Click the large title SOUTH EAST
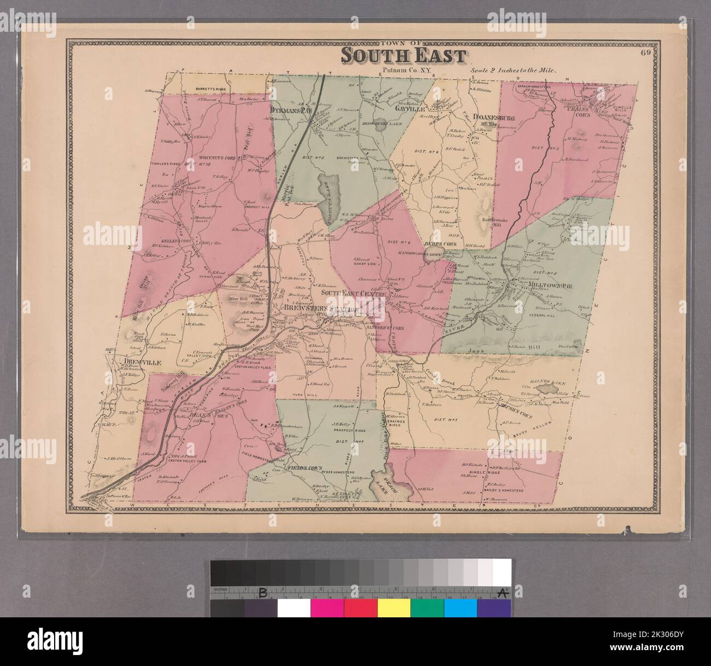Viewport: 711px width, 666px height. tap(404, 55)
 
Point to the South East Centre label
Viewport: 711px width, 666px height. tap(353, 294)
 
